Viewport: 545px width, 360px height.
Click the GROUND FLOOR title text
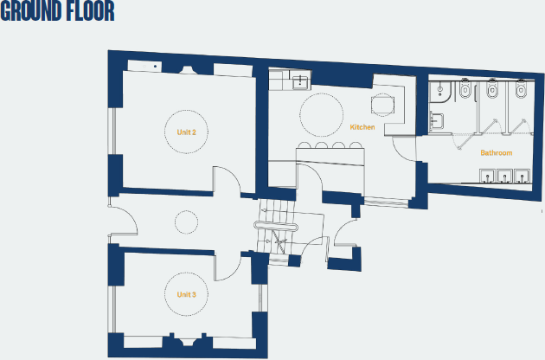coord(57,12)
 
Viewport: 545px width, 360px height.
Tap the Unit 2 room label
coord(186,132)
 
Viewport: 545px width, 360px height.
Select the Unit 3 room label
coord(186,294)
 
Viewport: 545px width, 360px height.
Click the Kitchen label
coord(362,127)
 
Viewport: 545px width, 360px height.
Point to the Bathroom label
coord(496,153)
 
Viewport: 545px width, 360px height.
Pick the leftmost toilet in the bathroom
coord(465,89)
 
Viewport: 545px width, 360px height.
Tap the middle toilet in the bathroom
coord(492,89)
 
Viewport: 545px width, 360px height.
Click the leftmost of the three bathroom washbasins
coord(487,177)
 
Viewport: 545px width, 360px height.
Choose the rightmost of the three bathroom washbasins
coord(521,177)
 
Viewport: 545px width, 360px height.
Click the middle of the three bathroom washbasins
coord(504,177)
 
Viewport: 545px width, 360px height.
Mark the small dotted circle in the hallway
coord(187,222)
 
